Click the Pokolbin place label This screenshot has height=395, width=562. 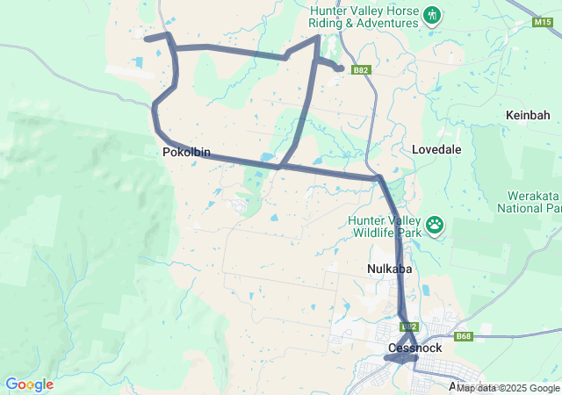186,152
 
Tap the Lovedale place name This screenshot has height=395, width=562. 436,150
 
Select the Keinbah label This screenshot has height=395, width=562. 528,115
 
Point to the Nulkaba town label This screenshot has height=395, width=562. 389,269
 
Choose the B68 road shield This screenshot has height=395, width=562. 464,336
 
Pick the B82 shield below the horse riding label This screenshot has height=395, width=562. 360,69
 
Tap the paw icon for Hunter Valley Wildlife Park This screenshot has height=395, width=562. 436,226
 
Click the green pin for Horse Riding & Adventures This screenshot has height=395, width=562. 431,15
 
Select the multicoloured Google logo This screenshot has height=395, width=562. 29,384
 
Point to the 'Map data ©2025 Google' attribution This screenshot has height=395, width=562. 508,388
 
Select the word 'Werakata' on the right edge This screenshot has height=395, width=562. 532,196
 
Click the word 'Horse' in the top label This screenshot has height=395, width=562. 390,11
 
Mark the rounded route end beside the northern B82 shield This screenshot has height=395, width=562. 339,68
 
